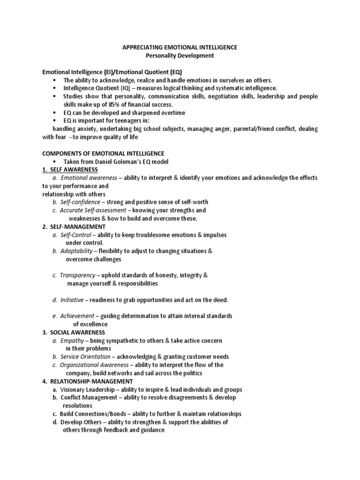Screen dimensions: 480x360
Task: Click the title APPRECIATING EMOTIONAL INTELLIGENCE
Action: click(x=180, y=47)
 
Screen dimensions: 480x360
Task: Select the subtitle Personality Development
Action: click(x=180, y=56)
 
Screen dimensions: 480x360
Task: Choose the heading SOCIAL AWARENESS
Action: click(x=77, y=332)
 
